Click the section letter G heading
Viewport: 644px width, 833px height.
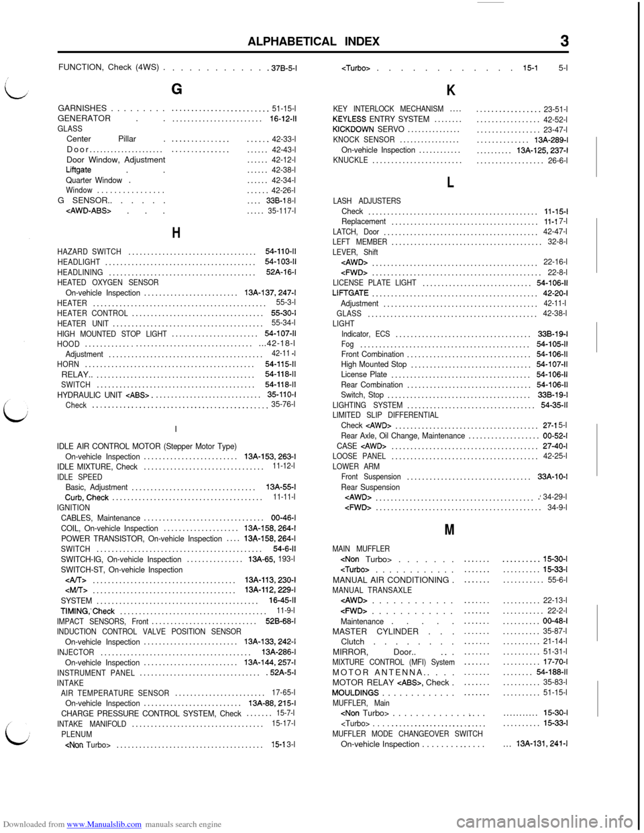[x=176, y=89]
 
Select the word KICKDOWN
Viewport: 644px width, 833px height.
[x=353, y=129]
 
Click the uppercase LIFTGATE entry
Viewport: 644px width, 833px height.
[x=350, y=292]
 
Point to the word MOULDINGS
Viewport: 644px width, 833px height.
[x=356, y=692]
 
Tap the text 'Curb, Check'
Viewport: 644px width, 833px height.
[x=87, y=497]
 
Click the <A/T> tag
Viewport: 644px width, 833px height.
[x=76, y=579]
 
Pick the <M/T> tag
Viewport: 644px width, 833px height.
[x=76, y=590]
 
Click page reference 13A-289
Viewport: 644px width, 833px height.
[x=551, y=140]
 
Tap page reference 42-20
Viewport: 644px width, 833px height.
[x=555, y=292]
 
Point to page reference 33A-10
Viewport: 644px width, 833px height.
[x=553, y=477]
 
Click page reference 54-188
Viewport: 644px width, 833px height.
[x=552, y=671]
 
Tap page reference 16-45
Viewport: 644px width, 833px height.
[x=282, y=600]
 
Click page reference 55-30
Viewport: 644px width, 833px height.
[x=284, y=313]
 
